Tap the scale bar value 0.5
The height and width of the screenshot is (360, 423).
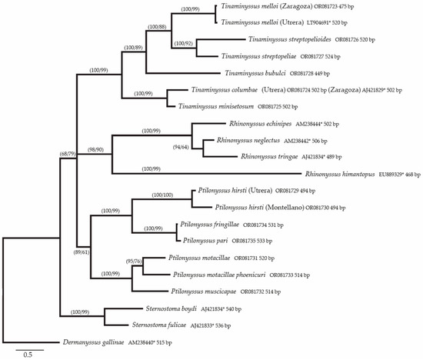(26, 355)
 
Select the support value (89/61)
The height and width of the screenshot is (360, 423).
(80, 251)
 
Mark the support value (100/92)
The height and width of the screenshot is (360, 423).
(185, 42)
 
